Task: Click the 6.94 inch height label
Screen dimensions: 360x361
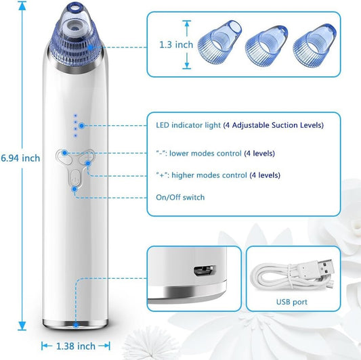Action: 20,158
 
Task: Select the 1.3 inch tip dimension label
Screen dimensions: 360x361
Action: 175,45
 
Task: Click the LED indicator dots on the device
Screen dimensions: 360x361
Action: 77,122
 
